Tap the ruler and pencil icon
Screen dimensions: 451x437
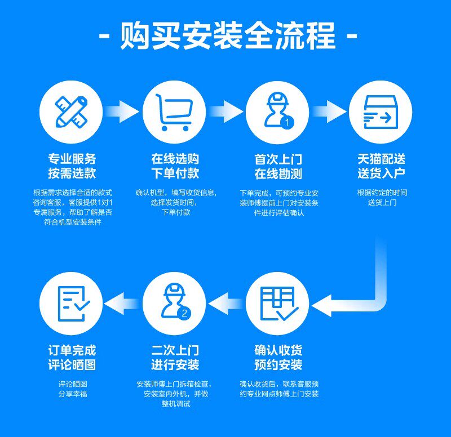(x=71, y=112)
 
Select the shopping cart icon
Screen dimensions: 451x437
(x=174, y=112)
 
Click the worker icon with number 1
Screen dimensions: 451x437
(x=277, y=112)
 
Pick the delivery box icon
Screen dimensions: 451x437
(x=380, y=112)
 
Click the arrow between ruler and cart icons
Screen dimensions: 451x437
(x=122, y=112)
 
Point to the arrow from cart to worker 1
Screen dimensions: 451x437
(x=225, y=112)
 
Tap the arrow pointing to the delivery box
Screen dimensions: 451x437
(x=329, y=112)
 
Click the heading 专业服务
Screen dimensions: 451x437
(x=72, y=159)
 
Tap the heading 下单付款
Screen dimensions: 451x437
(x=175, y=173)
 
